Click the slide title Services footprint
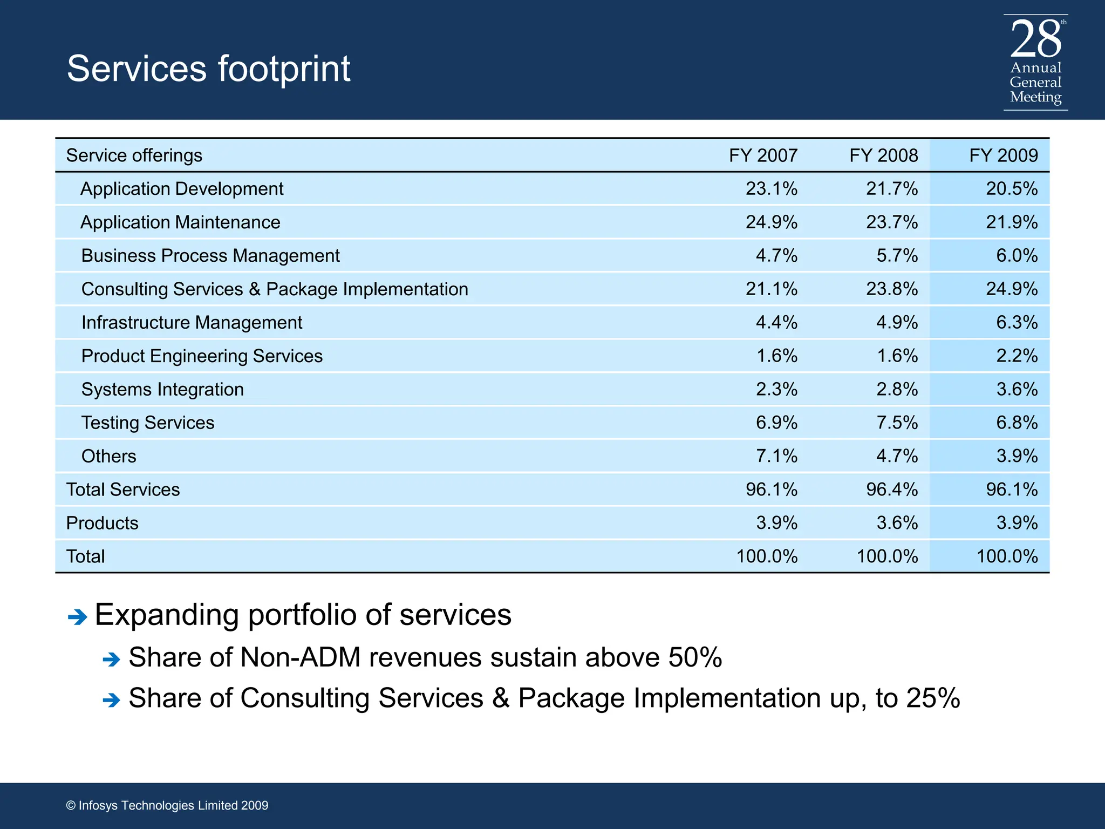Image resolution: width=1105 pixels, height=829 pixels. pyautogui.click(x=208, y=69)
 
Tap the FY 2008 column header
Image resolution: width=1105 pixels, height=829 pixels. pyautogui.click(x=883, y=155)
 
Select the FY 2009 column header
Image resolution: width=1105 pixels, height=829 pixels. pyautogui.click(x=1003, y=155)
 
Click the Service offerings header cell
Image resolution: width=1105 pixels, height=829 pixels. pyautogui.click(x=134, y=155)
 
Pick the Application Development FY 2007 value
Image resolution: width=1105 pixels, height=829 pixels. pyautogui.click(x=771, y=189)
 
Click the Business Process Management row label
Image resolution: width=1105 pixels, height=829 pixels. pyautogui.click(x=210, y=256)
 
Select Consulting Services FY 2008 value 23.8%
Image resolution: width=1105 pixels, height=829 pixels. pyautogui.click(x=891, y=289)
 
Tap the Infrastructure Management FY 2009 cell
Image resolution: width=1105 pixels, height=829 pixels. pyautogui.click(x=1016, y=323)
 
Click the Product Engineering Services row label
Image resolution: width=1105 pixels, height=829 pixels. pyautogui.click(x=202, y=356)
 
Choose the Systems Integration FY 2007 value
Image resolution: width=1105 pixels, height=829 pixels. pyautogui.click(x=776, y=390)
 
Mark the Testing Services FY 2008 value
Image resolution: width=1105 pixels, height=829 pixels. pyautogui.click(x=896, y=423)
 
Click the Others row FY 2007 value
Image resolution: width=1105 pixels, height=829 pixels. pyautogui.click(x=776, y=457)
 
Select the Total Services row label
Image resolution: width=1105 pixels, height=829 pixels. pyautogui.click(x=122, y=490)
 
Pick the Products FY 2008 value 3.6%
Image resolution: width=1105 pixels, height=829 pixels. pyautogui.click(x=896, y=523)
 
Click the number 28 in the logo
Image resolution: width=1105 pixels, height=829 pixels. pyautogui.click(x=1035, y=39)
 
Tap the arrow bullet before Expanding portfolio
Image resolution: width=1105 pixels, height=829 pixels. pyautogui.click(x=78, y=617)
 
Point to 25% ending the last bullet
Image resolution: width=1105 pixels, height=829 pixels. pyautogui.click(x=933, y=698)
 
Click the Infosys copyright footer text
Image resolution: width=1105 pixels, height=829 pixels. pyautogui.click(x=167, y=805)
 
